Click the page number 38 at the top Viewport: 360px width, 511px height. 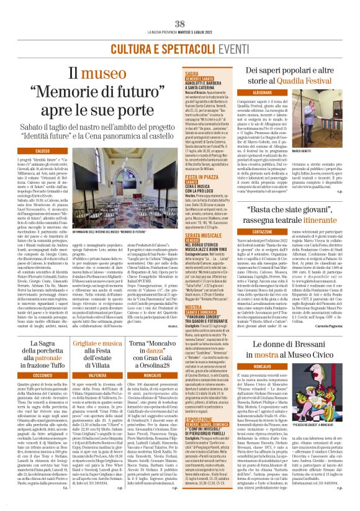pyautogui.click(x=180, y=6)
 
